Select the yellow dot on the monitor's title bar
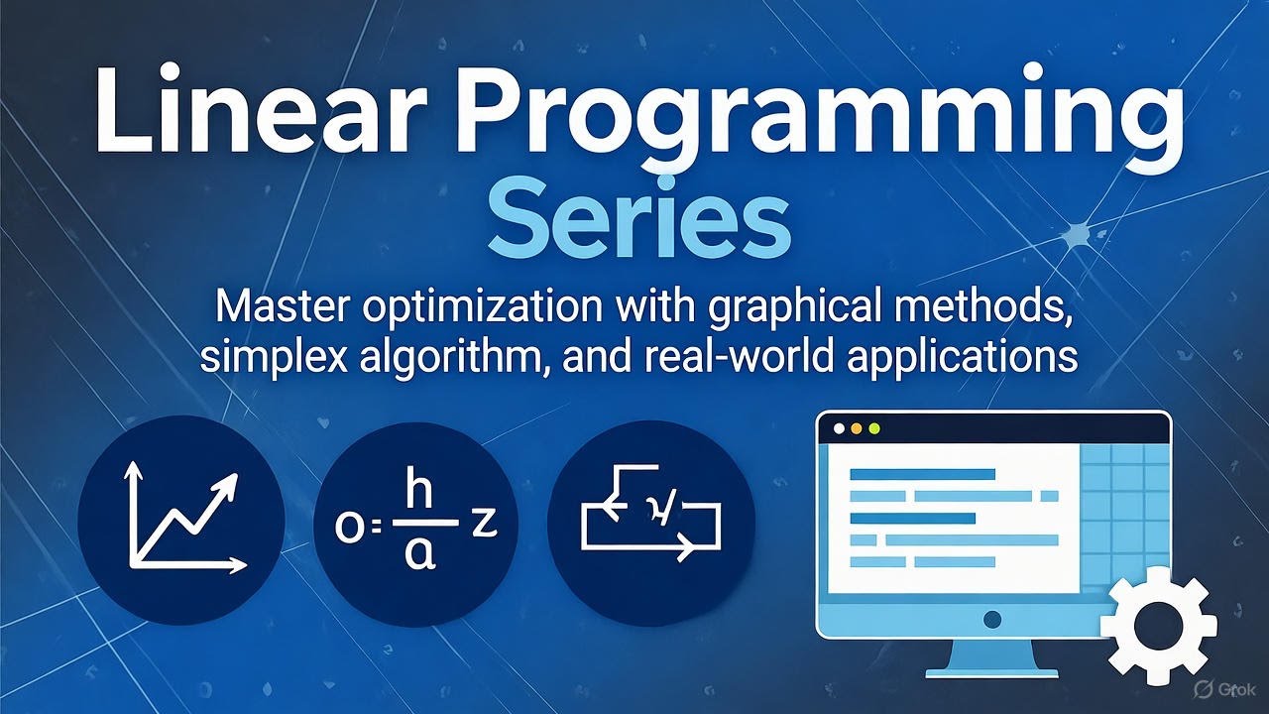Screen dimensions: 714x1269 coord(857,429)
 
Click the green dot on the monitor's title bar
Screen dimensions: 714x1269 coord(873,429)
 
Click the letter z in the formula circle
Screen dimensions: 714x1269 coord(484,524)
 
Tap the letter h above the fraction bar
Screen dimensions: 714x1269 coord(420,493)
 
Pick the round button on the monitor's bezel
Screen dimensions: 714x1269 coord(991,620)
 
